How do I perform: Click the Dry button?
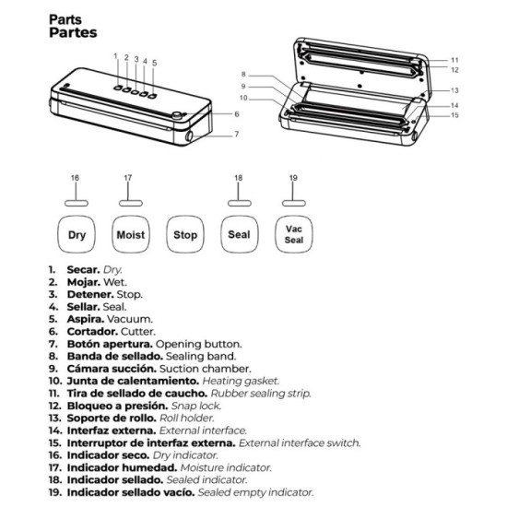pos(77,234)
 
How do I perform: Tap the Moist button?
pos(131,234)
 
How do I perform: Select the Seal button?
pos(240,234)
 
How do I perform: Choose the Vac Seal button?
pos(293,234)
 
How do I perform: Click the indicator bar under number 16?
pos(77,203)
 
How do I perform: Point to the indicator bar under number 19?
pos(293,203)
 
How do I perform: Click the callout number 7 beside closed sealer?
pos(237,134)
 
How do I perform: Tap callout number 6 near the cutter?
pos(237,113)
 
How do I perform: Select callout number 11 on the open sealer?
pos(454,60)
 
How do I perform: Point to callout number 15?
pos(454,115)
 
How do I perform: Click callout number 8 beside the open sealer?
pos(243,75)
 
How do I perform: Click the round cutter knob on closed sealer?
pos(177,115)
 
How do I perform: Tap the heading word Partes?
pos(73,32)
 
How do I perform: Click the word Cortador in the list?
pos(92,332)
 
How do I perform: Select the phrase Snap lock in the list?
pos(196,406)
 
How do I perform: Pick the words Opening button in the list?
pos(198,344)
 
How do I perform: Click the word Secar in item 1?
pos(83,269)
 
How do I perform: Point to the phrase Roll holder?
pos(187,418)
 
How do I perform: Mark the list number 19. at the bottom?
pos(54,492)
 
